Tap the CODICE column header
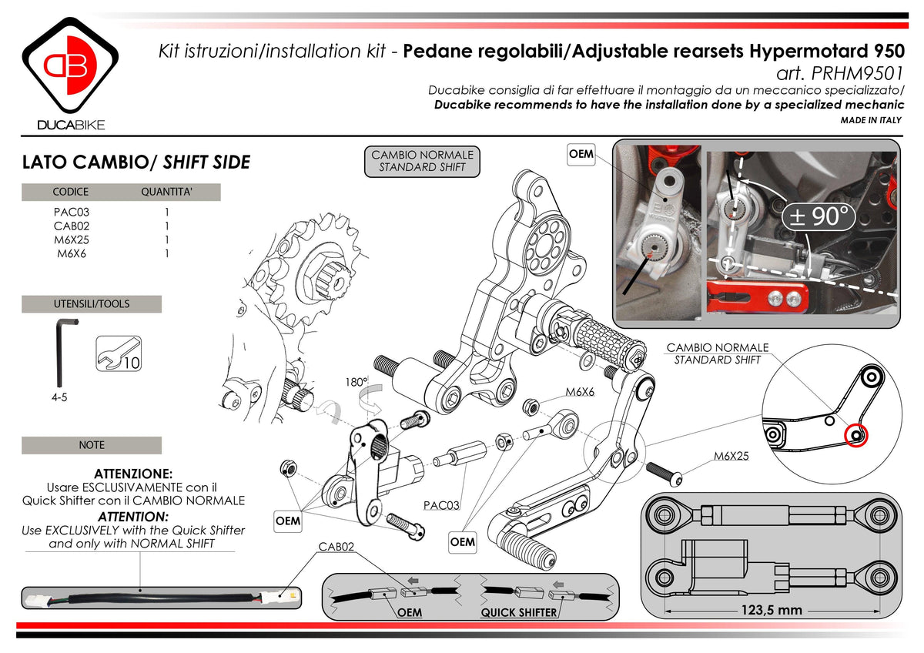(70, 192)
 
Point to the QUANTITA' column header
(166, 192)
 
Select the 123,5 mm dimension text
(772, 610)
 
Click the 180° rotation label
(356, 381)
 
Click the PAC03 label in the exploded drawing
(441, 506)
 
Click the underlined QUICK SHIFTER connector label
(518, 612)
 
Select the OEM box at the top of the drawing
(581, 154)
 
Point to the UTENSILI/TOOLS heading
(92, 303)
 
